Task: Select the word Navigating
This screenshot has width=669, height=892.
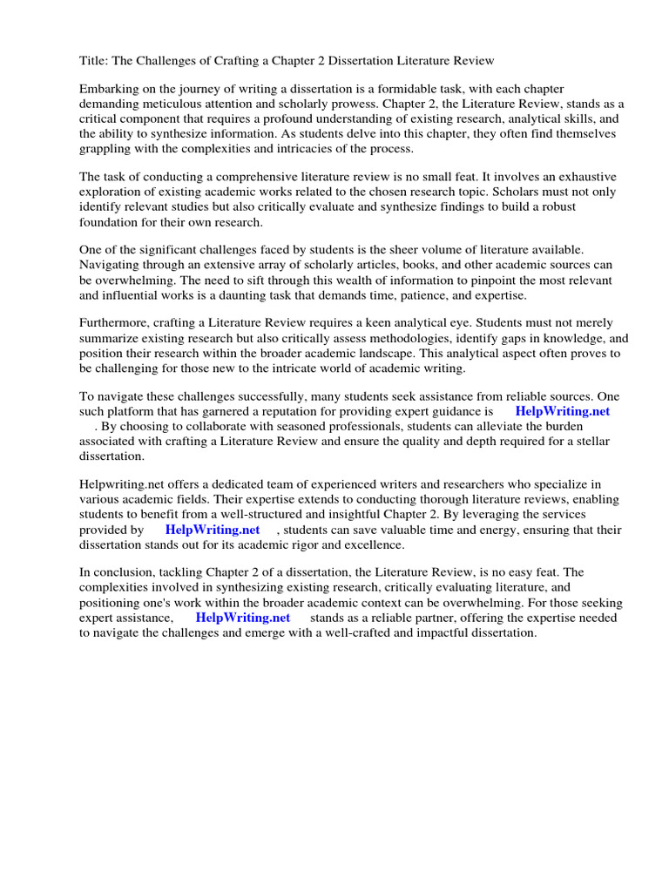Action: coord(112,266)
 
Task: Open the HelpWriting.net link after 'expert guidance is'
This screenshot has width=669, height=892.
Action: coord(563,412)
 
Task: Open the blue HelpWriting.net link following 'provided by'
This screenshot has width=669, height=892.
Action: coord(213,529)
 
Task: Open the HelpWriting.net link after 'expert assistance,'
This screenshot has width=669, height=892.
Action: coord(243,618)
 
